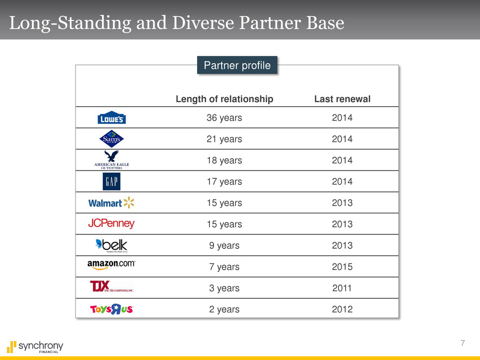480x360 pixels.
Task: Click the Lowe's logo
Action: tap(111, 117)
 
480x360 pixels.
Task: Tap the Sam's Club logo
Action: tap(111, 139)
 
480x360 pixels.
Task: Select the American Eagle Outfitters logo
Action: tap(111, 160)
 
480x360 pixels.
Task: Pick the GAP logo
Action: tap(111, 181)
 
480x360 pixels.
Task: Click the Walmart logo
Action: tap(111, 203)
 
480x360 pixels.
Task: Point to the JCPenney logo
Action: tap(111, 224)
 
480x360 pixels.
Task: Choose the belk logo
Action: tap(111, 245)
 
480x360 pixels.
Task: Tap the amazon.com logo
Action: tap(111, 265)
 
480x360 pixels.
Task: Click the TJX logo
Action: tap(112, 286)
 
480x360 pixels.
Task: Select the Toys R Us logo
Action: tap(111, 309)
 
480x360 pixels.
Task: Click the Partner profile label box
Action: tap(237, 65)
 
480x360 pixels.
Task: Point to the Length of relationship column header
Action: tap(224, 99)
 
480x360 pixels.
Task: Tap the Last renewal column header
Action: tap(342, 99)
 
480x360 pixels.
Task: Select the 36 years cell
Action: tap(224, 118)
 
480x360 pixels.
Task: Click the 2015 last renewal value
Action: tap(342, 267)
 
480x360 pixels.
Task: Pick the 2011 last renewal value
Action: tap(342, 288)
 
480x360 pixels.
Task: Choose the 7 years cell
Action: tap(224, 267)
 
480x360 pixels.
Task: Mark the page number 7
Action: tap(463, 343)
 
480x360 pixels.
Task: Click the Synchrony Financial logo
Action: tap(35, 347)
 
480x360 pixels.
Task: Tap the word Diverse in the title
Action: tap(203, 22)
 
